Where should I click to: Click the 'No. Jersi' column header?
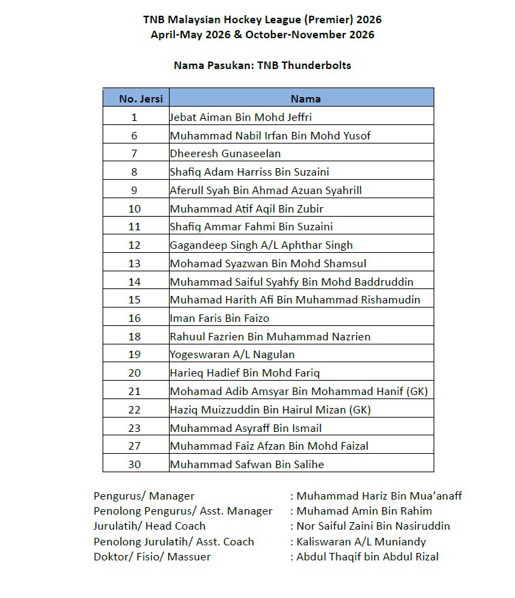135,98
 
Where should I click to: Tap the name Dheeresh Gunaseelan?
225,154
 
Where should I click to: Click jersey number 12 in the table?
135,245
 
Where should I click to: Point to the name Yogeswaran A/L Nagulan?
233,354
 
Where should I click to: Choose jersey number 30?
135,464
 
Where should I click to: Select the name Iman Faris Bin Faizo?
220,318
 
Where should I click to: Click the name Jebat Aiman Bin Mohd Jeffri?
241,117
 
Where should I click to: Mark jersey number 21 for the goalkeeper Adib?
135,391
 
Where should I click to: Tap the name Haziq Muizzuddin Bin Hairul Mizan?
270,409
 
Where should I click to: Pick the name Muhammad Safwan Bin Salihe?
247,464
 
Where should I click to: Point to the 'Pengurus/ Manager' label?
144,495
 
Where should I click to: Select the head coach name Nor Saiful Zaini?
373,526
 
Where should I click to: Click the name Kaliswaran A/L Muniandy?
360,541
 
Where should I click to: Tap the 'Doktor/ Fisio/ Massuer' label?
153,556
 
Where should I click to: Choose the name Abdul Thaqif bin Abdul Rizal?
367,556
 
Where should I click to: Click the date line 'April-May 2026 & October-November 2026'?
263,35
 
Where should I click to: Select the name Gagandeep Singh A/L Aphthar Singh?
261,245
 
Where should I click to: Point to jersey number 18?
135,336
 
